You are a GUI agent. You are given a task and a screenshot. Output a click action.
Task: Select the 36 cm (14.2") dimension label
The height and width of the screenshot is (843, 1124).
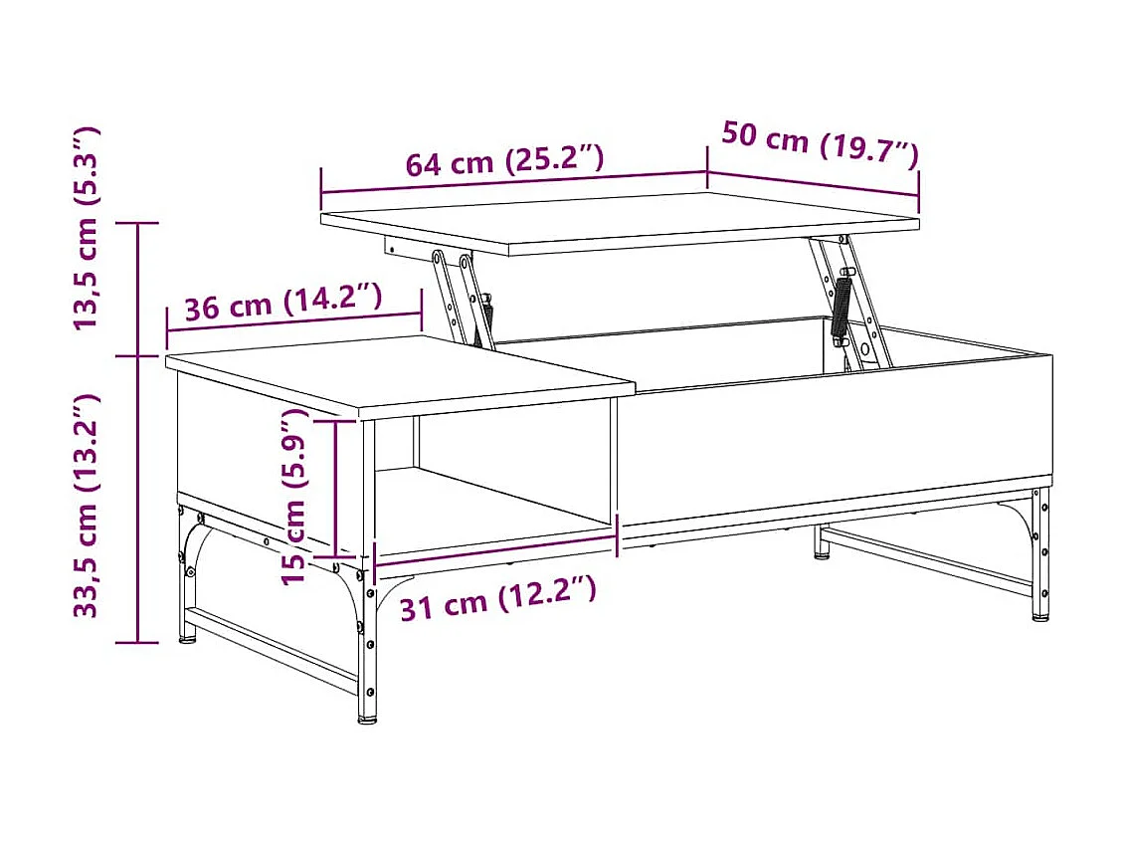click(283, 302)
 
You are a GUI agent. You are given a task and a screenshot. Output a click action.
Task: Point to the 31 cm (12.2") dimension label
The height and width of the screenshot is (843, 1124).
click(497, 598)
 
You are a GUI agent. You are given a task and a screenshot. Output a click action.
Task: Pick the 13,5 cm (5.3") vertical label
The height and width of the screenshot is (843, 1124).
click(87, 228)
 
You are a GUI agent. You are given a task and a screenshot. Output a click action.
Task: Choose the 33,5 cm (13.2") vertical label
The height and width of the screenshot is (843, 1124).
click(87, 505)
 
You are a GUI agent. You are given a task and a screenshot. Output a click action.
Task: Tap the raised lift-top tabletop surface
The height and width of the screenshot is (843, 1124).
click(617, 222)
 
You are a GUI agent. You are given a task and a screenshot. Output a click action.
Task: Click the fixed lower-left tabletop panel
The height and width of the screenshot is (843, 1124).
click(398, 373)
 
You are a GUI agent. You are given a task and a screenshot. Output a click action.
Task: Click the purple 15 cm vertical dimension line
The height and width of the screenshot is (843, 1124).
click(337, 488)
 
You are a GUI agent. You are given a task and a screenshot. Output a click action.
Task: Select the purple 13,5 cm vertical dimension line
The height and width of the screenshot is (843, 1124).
click(139, 289)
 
